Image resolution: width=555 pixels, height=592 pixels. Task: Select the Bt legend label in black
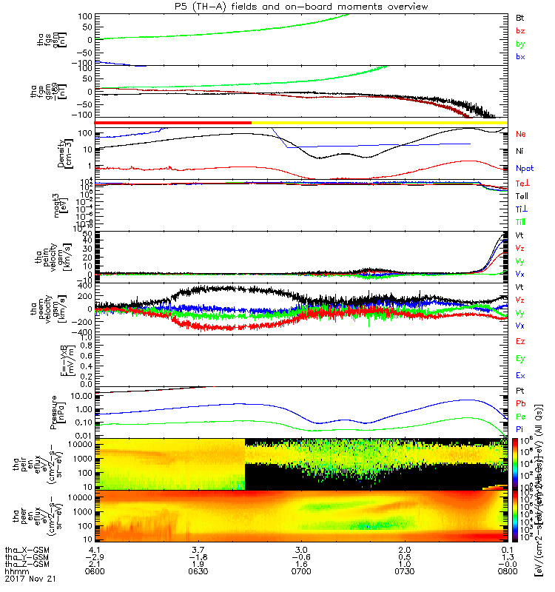click(519, 16)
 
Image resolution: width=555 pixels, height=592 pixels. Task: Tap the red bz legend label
click(519, 30)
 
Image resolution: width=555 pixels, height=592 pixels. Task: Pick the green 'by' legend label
click(519, 44)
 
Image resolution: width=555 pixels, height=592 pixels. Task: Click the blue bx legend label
click(519, 57)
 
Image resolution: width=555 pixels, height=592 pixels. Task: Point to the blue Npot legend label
click(524, 168)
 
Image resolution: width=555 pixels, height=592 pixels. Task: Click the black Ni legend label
click(519, 151)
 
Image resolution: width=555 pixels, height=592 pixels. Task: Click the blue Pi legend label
click(519, 429)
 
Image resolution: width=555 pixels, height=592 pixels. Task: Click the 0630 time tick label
click(198, 570)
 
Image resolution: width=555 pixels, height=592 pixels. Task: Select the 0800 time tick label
click(505, 570)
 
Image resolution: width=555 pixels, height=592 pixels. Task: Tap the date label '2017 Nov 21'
click(24, 577)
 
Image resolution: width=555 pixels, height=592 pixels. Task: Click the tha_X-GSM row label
click(23, 550)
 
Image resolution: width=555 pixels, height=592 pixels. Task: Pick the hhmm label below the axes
click(15, 570)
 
